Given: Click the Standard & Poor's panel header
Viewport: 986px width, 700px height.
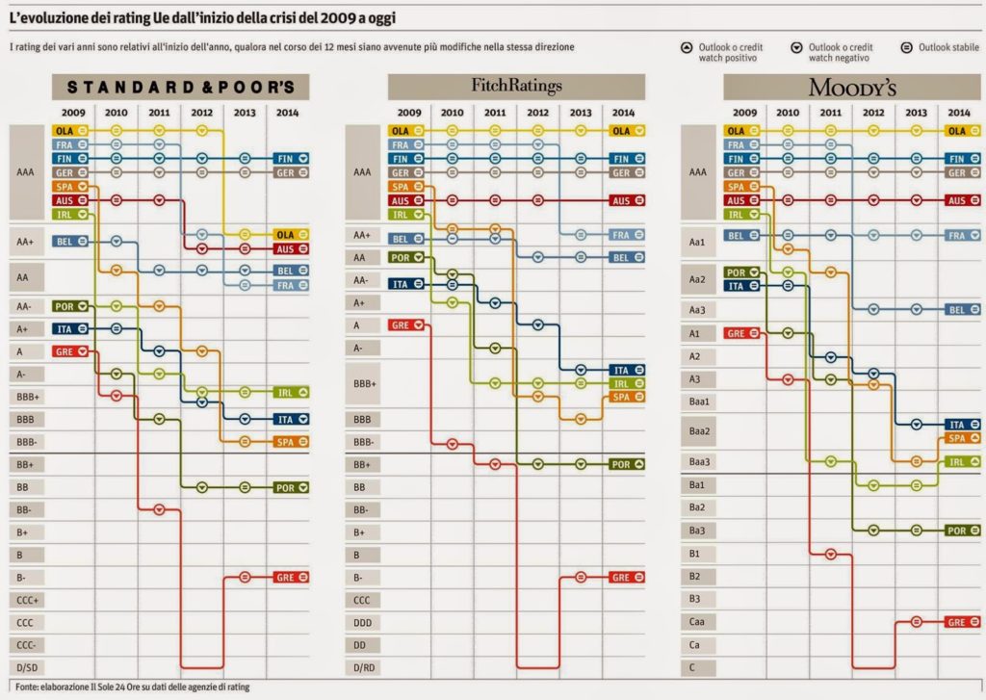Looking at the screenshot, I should click(181, 87).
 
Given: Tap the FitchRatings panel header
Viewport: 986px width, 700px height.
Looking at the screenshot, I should click(516, 87).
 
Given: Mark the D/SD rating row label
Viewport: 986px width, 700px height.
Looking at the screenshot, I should click(25, 667).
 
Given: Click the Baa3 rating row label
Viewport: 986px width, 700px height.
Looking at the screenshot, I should click(697, 462).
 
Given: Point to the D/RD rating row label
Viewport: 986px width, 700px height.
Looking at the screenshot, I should click(363, 667).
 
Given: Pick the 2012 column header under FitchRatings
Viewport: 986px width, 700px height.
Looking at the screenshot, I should click(538, 113).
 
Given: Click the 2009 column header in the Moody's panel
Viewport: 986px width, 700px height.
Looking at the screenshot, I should click(744, 113).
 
